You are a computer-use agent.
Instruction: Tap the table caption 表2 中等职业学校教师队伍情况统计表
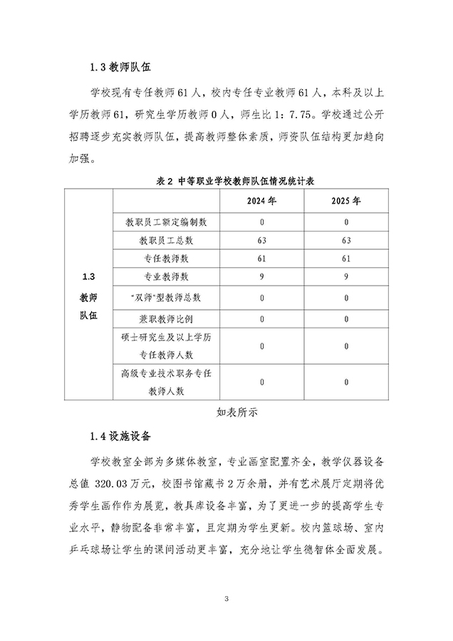tap(226, 182)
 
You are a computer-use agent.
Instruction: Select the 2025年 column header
tap(345, 201)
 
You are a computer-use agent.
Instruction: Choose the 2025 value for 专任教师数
tap(345, 258)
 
